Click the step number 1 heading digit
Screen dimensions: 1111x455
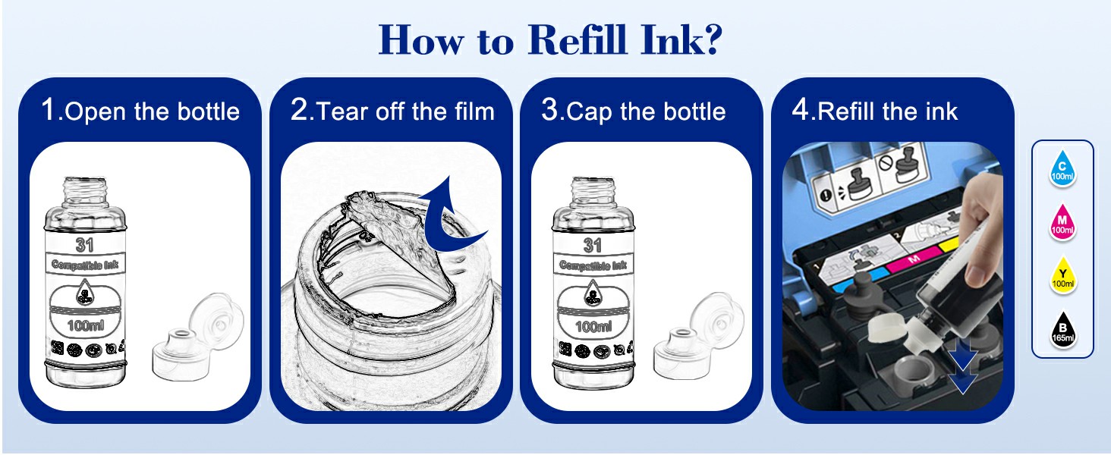click(x=49, y=110)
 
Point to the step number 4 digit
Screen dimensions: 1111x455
click(x=800, y=110)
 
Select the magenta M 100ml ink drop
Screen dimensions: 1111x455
click(x=1062, y=223)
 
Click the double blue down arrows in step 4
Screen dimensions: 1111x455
click(x=962, y=367)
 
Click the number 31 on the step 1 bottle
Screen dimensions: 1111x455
click(x=85, y=245)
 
